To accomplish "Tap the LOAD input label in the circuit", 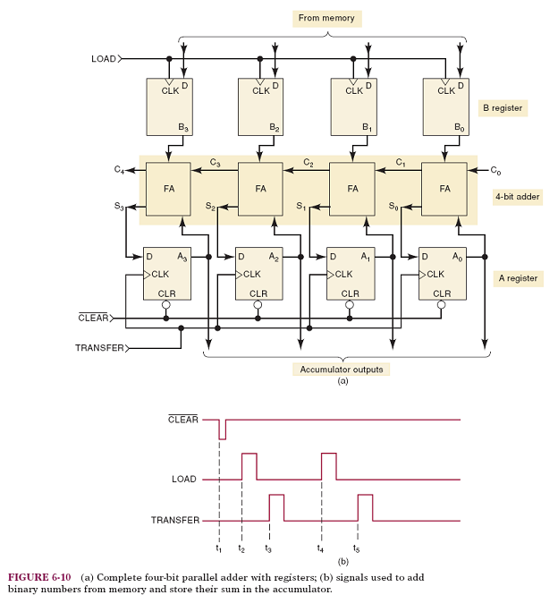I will [x=104, y=59].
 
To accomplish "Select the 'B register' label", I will [x=502, y=108].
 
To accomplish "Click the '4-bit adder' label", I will [x=516, y=196].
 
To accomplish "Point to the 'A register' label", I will [x=518, y=278].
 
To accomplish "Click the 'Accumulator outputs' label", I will [x=341, y=369].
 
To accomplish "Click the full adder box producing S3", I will [x=168, y=189].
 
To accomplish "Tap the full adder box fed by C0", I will [x=444, y=189].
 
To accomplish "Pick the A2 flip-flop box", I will [x=258, y=273].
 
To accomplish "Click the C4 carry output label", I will [x=120, y=169].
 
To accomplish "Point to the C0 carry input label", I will [x=496, y=169].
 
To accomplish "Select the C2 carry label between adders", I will [x=308, y=163].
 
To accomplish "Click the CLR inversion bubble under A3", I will [x=166, y=305].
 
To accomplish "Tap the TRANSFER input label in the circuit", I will [x=98, y=347].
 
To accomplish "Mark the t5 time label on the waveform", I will [x=358, y=548].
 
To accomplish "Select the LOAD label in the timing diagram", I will [x=183, y=480].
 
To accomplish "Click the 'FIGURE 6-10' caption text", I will [x=40, y=576].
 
